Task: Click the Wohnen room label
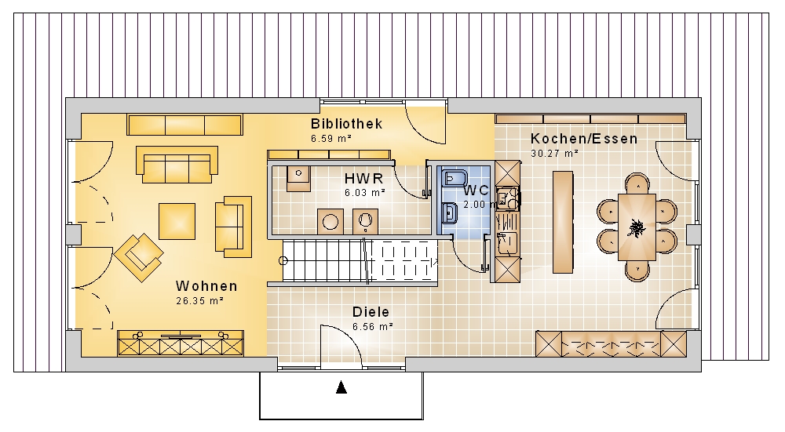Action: [206, 286]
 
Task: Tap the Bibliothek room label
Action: [346, 124]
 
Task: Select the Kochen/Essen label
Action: [584, 139]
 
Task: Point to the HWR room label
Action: [364, 178]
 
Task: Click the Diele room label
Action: [371, 312]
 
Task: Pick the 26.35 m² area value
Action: [199, 301]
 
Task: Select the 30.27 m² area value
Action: [555, 154]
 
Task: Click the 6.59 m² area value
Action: [331, 139]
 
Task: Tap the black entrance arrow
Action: [341, 387]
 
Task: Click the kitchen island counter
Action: [563, 222]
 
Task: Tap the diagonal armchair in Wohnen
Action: [139, 257]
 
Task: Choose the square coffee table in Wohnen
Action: [177, 221]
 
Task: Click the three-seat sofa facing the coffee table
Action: [177, 165]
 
